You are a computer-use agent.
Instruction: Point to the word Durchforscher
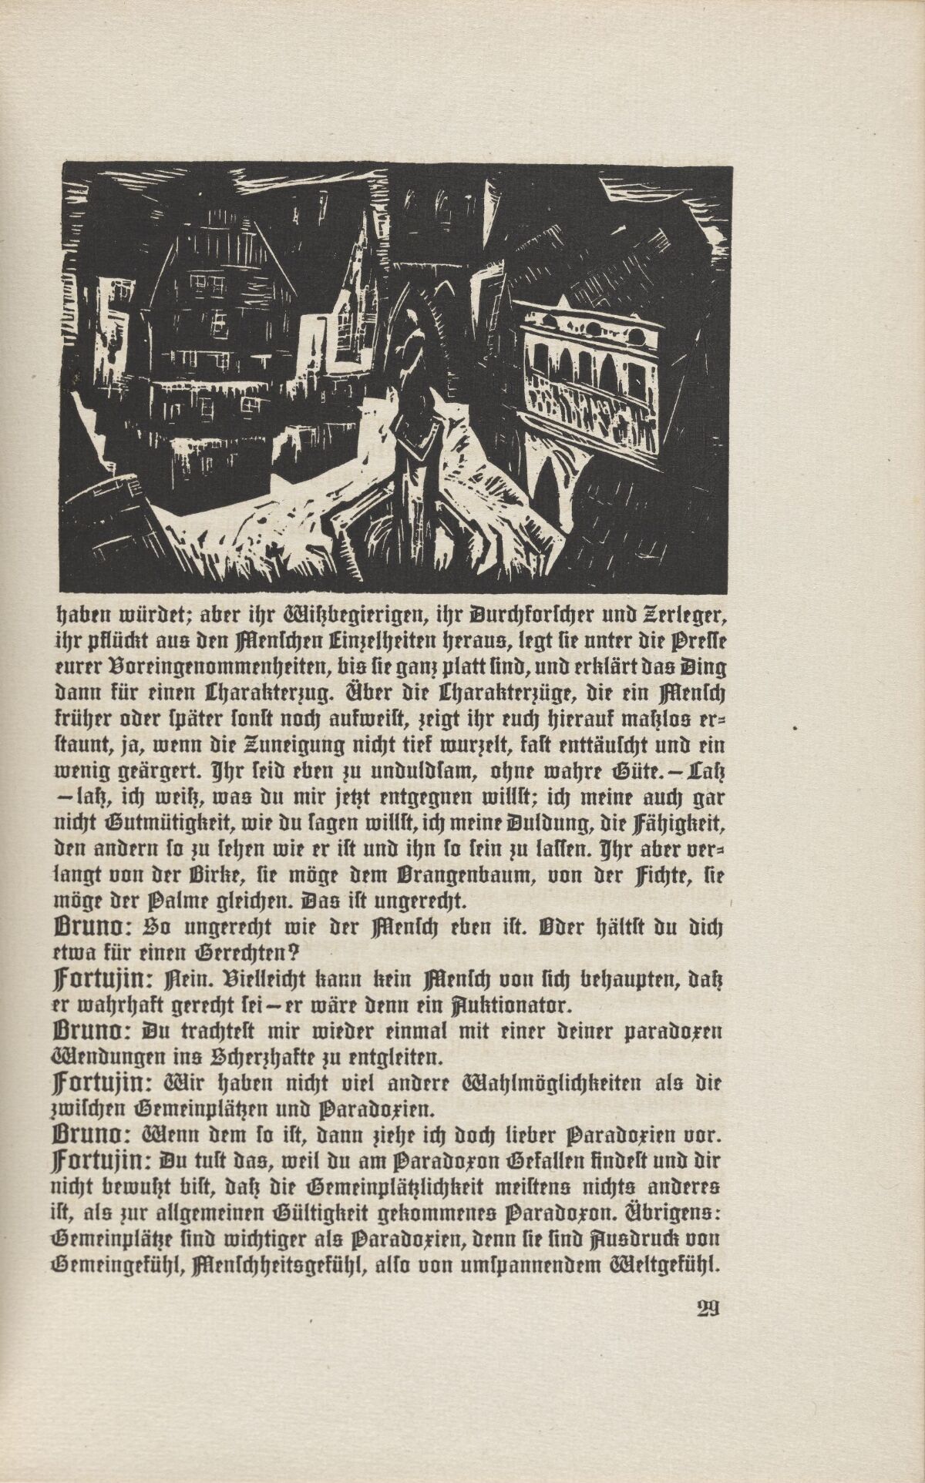tap(532, 615)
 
